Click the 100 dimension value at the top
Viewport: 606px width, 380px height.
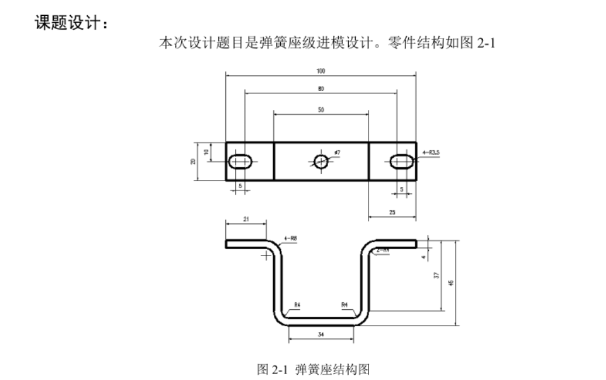pos(321,71)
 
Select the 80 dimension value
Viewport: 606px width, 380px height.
pos(321,89)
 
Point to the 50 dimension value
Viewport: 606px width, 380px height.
pos(321,109)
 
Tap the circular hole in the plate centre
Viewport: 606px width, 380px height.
pos(321,161)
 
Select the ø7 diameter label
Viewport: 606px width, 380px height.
pos(337,153)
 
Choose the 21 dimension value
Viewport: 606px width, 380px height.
pos(246,219)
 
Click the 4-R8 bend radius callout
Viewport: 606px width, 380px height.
pos(290,239)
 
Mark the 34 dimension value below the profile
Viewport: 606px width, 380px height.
pos(321,334)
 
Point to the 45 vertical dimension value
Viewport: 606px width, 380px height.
pos(450,282)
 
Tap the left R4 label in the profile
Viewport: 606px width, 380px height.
pos(297,305)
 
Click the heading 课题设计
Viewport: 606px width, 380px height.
pos(71,25)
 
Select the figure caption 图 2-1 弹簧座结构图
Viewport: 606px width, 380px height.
pos(314,369)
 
